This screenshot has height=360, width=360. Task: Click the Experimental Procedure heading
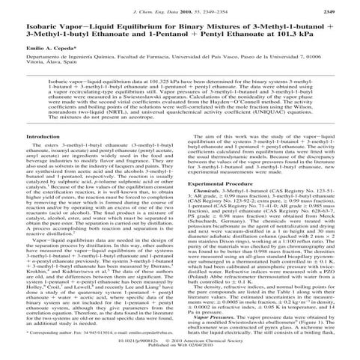pyautogui.click(x=216, y=183)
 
